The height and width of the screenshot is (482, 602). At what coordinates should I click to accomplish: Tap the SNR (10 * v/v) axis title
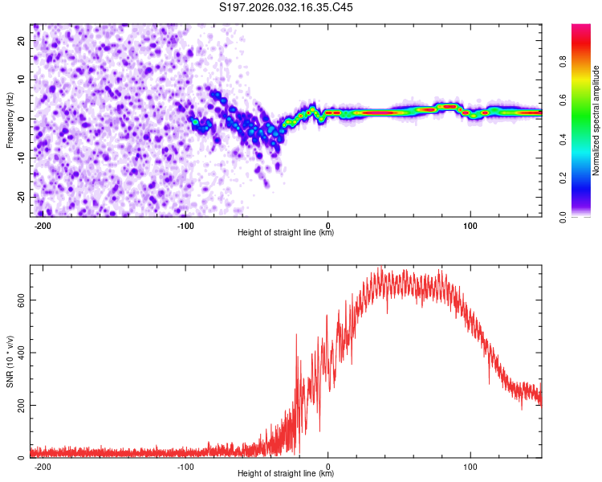[10, 361]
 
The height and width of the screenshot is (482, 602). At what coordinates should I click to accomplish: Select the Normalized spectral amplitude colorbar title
[596, 120]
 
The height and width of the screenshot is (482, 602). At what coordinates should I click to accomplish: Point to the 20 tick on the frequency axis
[22, 40]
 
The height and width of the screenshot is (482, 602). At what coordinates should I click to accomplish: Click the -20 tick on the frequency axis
[21, 197]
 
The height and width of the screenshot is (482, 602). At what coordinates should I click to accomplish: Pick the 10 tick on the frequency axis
[22, 80]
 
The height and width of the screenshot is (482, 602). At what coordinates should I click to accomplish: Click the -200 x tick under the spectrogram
[43, 224]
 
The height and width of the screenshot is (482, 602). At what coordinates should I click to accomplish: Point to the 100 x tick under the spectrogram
[470, 224]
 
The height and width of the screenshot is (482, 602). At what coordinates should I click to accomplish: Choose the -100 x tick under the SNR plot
[185, 466]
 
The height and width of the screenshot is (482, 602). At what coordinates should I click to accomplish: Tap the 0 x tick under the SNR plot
[328, 466]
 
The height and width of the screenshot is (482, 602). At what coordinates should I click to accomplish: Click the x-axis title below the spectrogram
[286, 233]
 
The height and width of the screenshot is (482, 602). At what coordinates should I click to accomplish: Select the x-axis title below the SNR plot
[286, 475]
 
